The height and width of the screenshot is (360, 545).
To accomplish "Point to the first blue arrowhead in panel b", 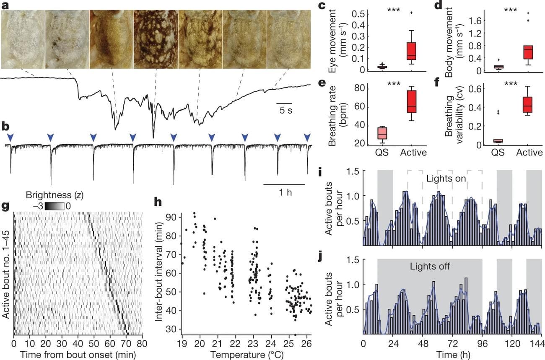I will pyautogui.click(x=10, y=137).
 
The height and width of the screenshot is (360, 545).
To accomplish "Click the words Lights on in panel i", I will pyautogui.click(x=446, y=178).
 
